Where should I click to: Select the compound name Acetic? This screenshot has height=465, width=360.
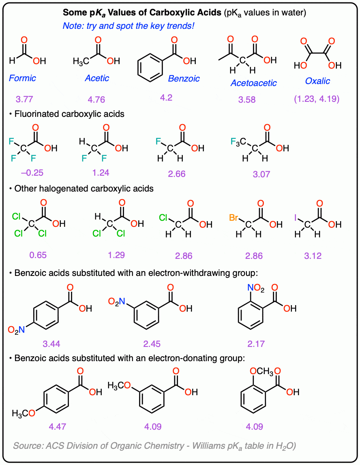[97, 78]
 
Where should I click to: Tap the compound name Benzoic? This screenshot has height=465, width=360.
[184, 78]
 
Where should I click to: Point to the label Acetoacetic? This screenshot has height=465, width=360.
[253, 83]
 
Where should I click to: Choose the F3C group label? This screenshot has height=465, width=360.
[239, 142]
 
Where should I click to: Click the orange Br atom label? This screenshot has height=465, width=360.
[234, 218]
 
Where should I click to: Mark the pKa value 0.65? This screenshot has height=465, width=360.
[38, 256]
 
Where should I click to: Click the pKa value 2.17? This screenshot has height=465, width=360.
[256, 344]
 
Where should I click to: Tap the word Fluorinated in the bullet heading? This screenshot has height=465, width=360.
[39, 114]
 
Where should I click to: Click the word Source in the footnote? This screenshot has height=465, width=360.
[27, 446]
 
